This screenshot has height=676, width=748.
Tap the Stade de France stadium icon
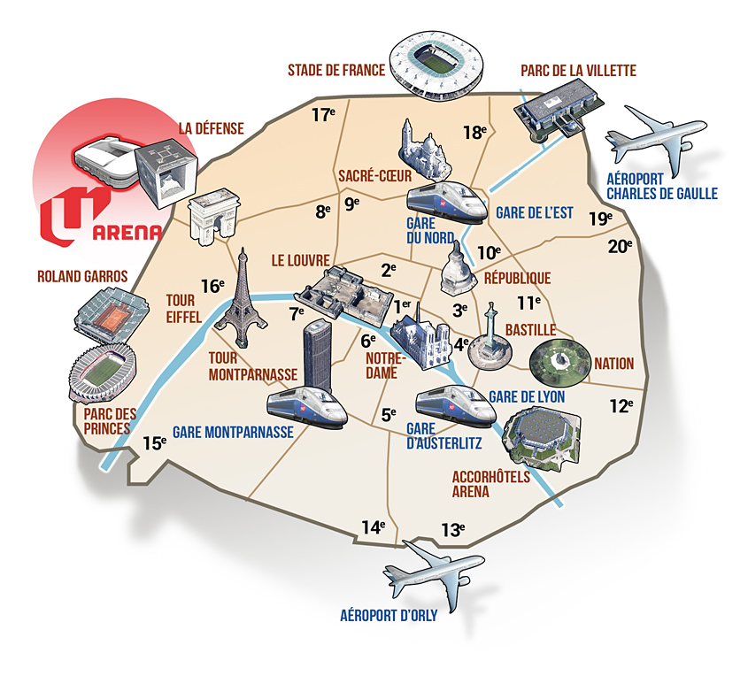coord(436,65)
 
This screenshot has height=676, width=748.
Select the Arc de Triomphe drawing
coord(213,217)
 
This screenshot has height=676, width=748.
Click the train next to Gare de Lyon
coord(456,404)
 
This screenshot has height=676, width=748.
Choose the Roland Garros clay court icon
coord(112,314)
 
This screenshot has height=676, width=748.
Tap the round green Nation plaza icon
coord(559,362)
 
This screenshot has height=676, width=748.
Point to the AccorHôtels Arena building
coord(542,435)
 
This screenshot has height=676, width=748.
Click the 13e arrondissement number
coord(452,529)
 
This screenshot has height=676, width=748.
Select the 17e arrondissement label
coord(323,114)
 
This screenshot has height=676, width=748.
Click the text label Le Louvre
coord(301,260)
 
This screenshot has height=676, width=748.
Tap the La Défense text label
coord(212,128)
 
